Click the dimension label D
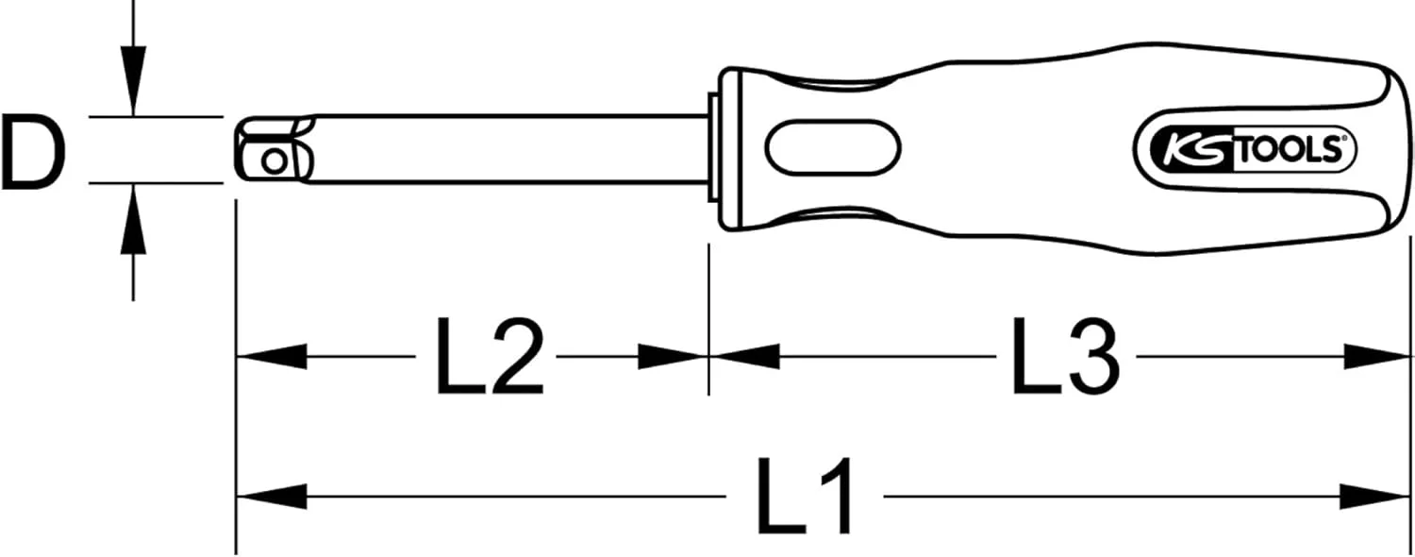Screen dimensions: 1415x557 tap(33, 150)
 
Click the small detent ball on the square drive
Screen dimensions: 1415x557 tap(274, 162)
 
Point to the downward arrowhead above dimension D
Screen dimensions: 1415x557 tap(133, 81)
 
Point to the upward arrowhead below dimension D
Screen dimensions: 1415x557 tap(133, 219)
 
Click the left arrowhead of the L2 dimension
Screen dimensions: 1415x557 tap(272, 357)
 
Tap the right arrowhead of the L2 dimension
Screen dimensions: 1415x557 tap(673, 357)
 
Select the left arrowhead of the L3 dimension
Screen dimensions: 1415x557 tap(745, 357)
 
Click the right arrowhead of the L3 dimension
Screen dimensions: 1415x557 tap(1374, 357)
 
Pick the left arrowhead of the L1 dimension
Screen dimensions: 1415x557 tap(272, 497)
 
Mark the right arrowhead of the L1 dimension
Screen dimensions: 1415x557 tap(1374, 497)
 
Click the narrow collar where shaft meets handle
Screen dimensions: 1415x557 tap(714, 149)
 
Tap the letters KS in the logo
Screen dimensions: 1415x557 tap(1191, 151)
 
